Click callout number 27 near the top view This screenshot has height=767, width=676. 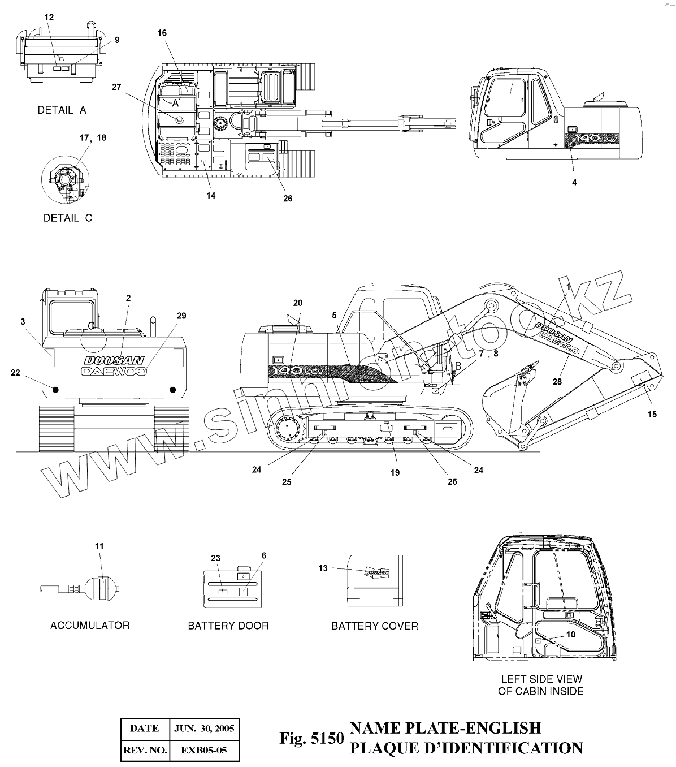[116, 87]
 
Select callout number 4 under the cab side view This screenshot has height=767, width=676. [574, 182]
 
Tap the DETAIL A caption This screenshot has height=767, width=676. [62, 110]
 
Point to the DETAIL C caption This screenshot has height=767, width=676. [67, 218]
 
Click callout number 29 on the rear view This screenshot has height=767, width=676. [181, 316]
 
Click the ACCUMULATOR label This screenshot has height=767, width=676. [90, 625]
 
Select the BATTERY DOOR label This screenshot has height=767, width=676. [228, 626]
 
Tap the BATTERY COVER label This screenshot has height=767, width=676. [374, 626]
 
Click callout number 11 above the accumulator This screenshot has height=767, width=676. [99, 546]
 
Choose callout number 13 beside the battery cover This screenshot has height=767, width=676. [323, 568]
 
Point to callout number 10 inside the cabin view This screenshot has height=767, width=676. [571, 635]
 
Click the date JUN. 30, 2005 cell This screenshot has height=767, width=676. [204, 729]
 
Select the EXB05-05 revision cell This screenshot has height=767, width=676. [204, 751]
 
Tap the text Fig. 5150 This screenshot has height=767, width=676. [311, 738]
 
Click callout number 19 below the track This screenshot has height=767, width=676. [395, 472]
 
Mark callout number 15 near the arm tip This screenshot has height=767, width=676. [652, 415]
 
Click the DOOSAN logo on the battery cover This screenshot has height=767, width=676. [377, 572]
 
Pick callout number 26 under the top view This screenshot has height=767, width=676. [288, 199]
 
